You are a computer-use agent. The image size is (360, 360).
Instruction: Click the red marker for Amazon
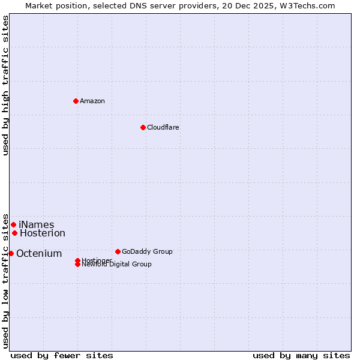[76, 101]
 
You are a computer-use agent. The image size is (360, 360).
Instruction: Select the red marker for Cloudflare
[143, 127]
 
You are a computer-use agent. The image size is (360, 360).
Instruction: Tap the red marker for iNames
[13, 224]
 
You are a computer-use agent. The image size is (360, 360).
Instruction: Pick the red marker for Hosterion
[14, 233]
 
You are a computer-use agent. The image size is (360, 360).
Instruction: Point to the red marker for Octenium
[11, 253]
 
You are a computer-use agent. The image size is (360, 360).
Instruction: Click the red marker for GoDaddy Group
[118, 251]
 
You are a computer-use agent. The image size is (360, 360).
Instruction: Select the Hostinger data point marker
[77, 260]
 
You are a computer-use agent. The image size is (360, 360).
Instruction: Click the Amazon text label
[92, 101]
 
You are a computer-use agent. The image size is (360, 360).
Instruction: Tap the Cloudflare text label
[163, 127]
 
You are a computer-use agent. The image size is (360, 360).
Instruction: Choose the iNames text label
[37, 225]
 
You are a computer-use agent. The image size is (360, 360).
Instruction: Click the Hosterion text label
[43, 233]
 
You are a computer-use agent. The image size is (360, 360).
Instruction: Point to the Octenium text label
[39, 254]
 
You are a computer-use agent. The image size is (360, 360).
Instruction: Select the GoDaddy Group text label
[147, 251]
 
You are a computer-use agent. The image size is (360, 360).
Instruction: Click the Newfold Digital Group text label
[117, 265]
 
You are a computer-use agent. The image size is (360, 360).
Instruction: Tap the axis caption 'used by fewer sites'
[62, 355]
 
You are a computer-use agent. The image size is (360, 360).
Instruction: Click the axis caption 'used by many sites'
[301, 355]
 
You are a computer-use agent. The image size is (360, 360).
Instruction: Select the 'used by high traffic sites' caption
[5, 85]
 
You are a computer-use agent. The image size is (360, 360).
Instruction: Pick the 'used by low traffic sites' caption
[5, 281]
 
